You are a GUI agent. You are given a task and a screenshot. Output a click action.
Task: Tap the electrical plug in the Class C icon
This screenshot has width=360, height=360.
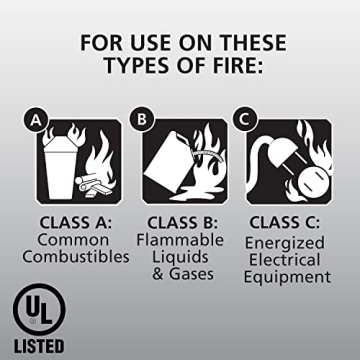coord(275,150)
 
